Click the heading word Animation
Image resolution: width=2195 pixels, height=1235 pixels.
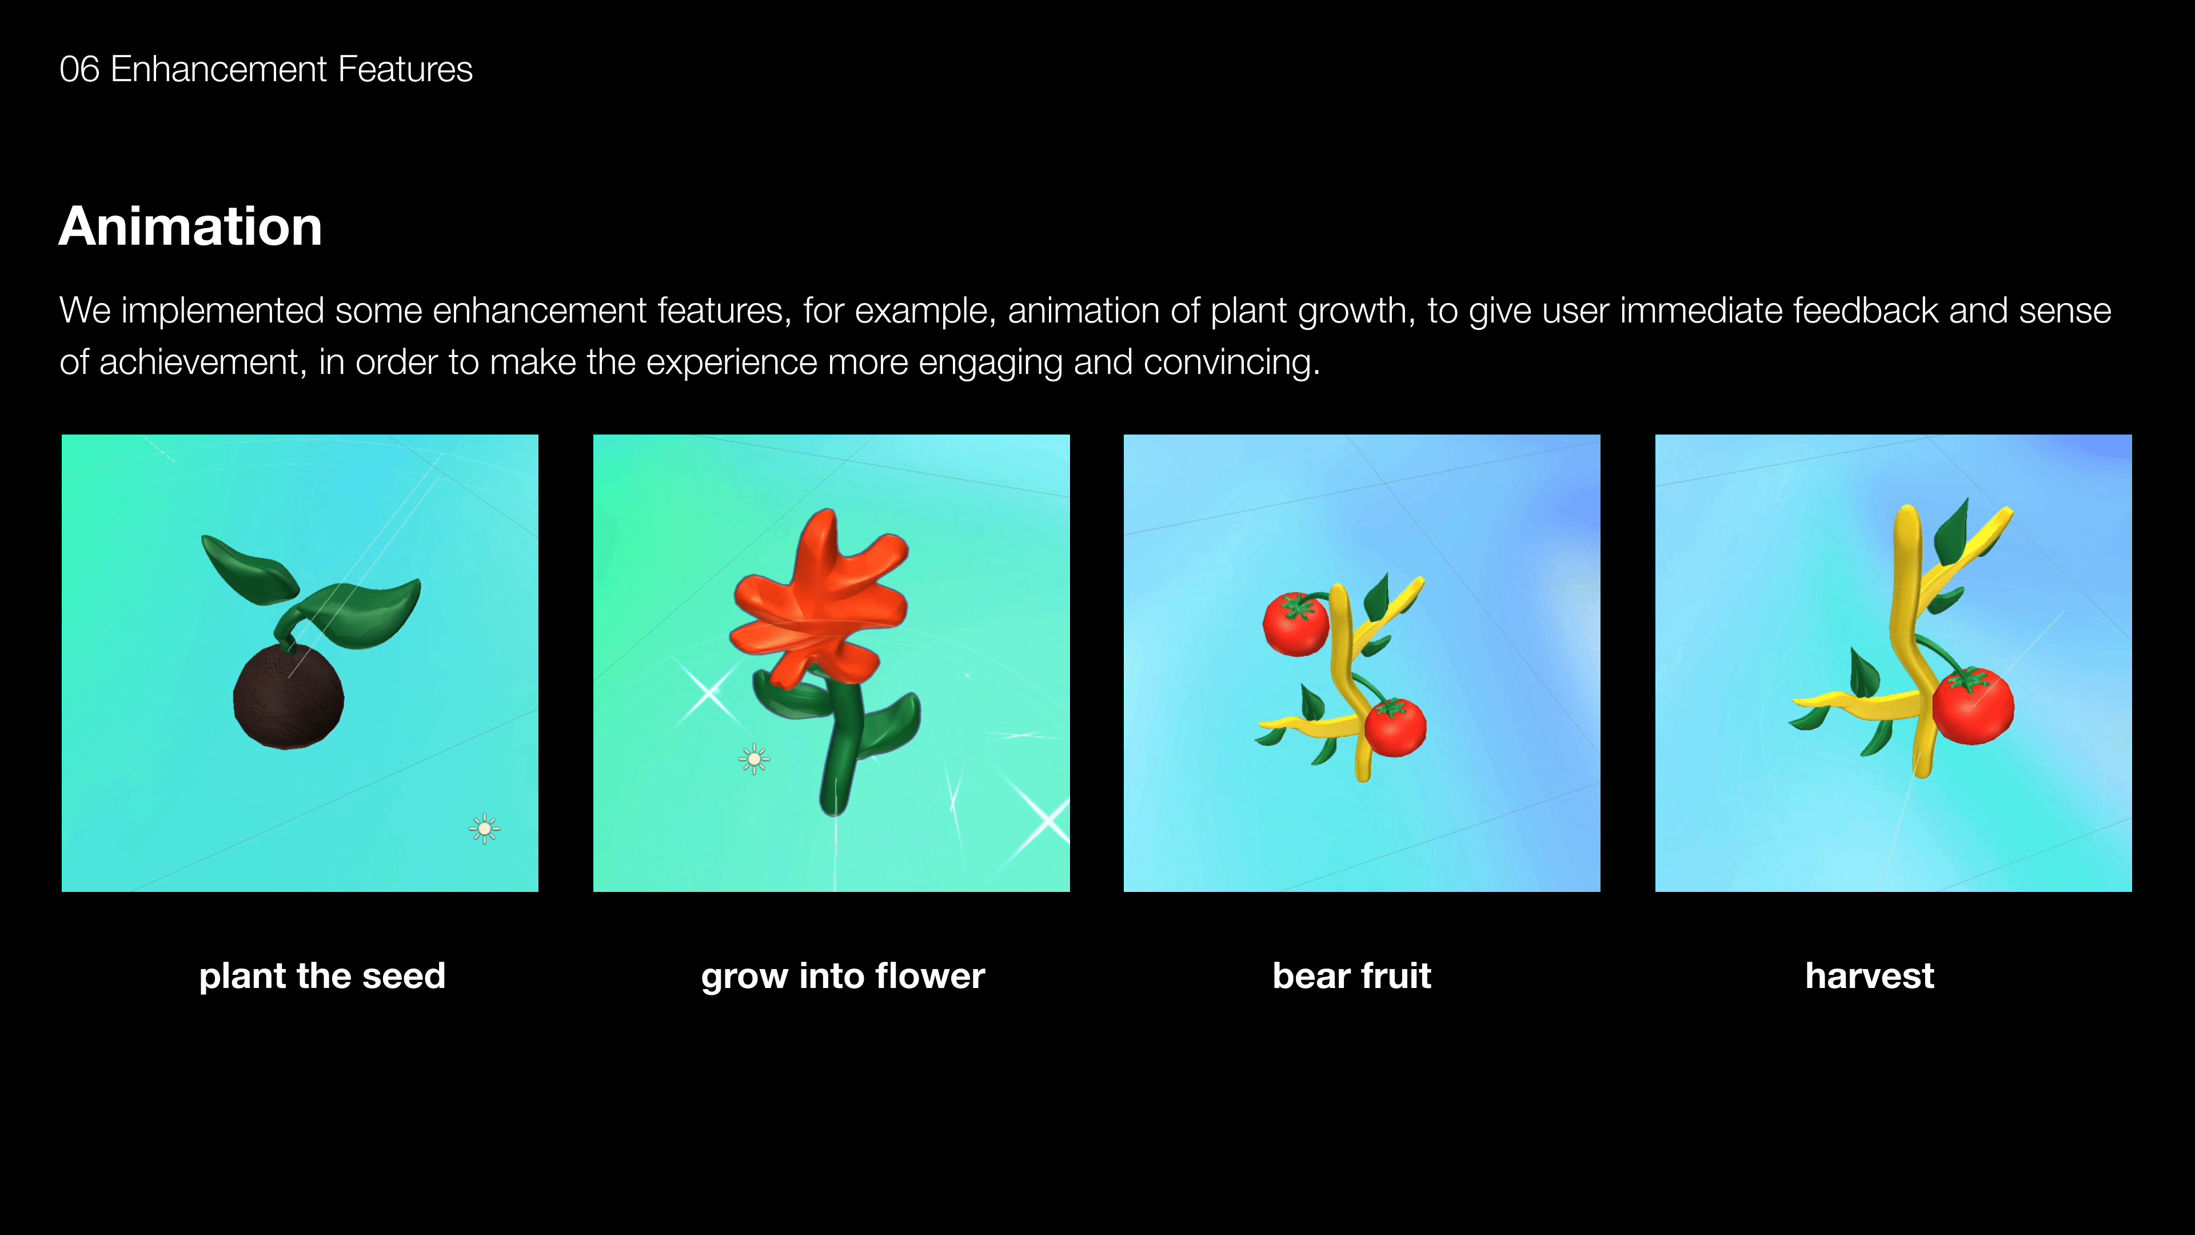190,227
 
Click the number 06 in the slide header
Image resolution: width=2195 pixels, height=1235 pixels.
79,69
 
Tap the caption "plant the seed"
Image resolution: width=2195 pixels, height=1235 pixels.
322,976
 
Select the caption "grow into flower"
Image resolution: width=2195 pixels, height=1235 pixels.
843,977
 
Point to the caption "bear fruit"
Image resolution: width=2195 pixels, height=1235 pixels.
1351,976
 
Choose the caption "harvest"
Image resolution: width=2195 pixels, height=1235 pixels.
1870,976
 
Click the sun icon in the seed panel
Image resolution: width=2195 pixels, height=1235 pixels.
485,828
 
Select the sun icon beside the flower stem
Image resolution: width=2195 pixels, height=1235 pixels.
754,759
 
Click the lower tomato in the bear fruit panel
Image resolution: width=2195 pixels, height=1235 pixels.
1395,727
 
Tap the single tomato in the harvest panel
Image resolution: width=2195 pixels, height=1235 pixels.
1973,706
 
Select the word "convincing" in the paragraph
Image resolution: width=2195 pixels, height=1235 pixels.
1231,363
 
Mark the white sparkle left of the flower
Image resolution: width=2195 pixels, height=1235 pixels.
709,693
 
